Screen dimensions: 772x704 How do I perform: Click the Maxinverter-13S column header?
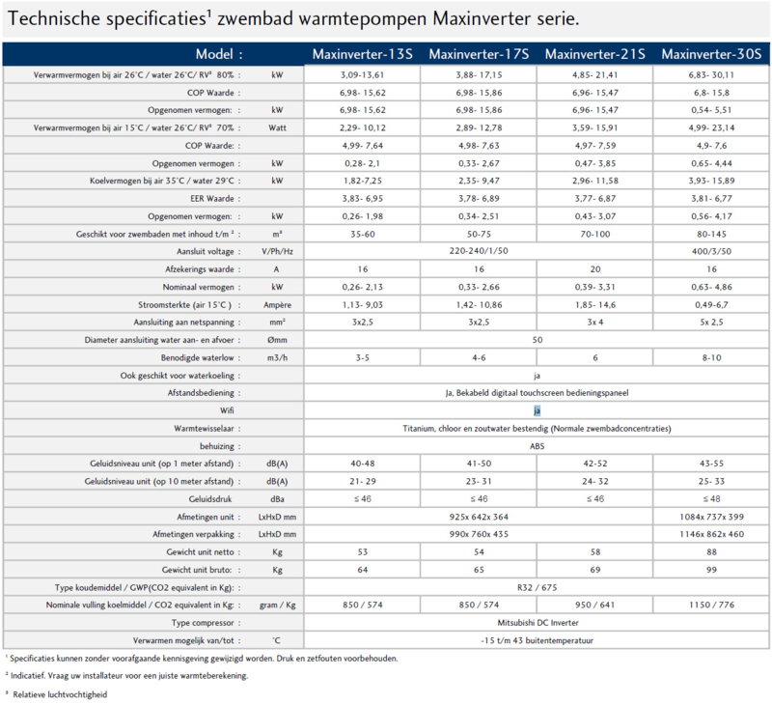(363, 54)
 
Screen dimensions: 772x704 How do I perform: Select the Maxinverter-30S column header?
(711, 54)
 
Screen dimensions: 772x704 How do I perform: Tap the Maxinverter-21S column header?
(594, 54)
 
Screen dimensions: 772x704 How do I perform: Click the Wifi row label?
(227, 410)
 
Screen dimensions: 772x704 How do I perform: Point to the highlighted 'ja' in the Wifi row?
(537, 410)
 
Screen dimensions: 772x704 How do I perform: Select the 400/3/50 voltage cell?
(711, 251)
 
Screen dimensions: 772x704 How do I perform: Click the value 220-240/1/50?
(479, 251)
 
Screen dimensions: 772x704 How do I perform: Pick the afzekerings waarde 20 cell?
(595, 269)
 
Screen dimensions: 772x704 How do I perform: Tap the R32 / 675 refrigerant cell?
(538, 587)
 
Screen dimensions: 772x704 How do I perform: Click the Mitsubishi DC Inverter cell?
(538, 623)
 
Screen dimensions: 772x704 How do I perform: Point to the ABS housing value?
(538, 446)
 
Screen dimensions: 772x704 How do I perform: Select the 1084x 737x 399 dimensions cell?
(711, 517)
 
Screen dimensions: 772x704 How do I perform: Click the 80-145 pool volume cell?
(711, 234)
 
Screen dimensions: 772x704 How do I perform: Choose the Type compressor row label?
(203, 623)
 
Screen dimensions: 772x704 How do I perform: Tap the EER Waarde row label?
(212, 199)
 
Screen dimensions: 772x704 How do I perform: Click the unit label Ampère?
(277, 305)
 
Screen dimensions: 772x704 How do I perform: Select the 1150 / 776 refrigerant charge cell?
(711, 605)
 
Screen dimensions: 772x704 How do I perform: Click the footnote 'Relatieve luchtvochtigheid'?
(60, 694)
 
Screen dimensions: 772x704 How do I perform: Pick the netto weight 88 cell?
(711, 551)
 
